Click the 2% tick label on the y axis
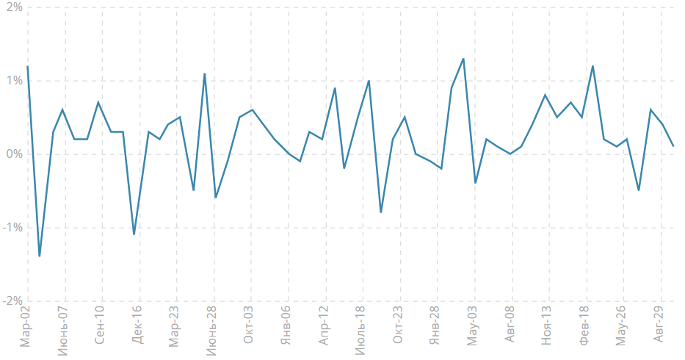[x=12, y=7]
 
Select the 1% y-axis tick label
[x=12, y=81]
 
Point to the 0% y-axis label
[x=12, y=154]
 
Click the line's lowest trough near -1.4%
[x=40, y=256]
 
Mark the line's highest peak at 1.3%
[x=463, y=59]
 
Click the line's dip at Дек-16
[x=134, y=234]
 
